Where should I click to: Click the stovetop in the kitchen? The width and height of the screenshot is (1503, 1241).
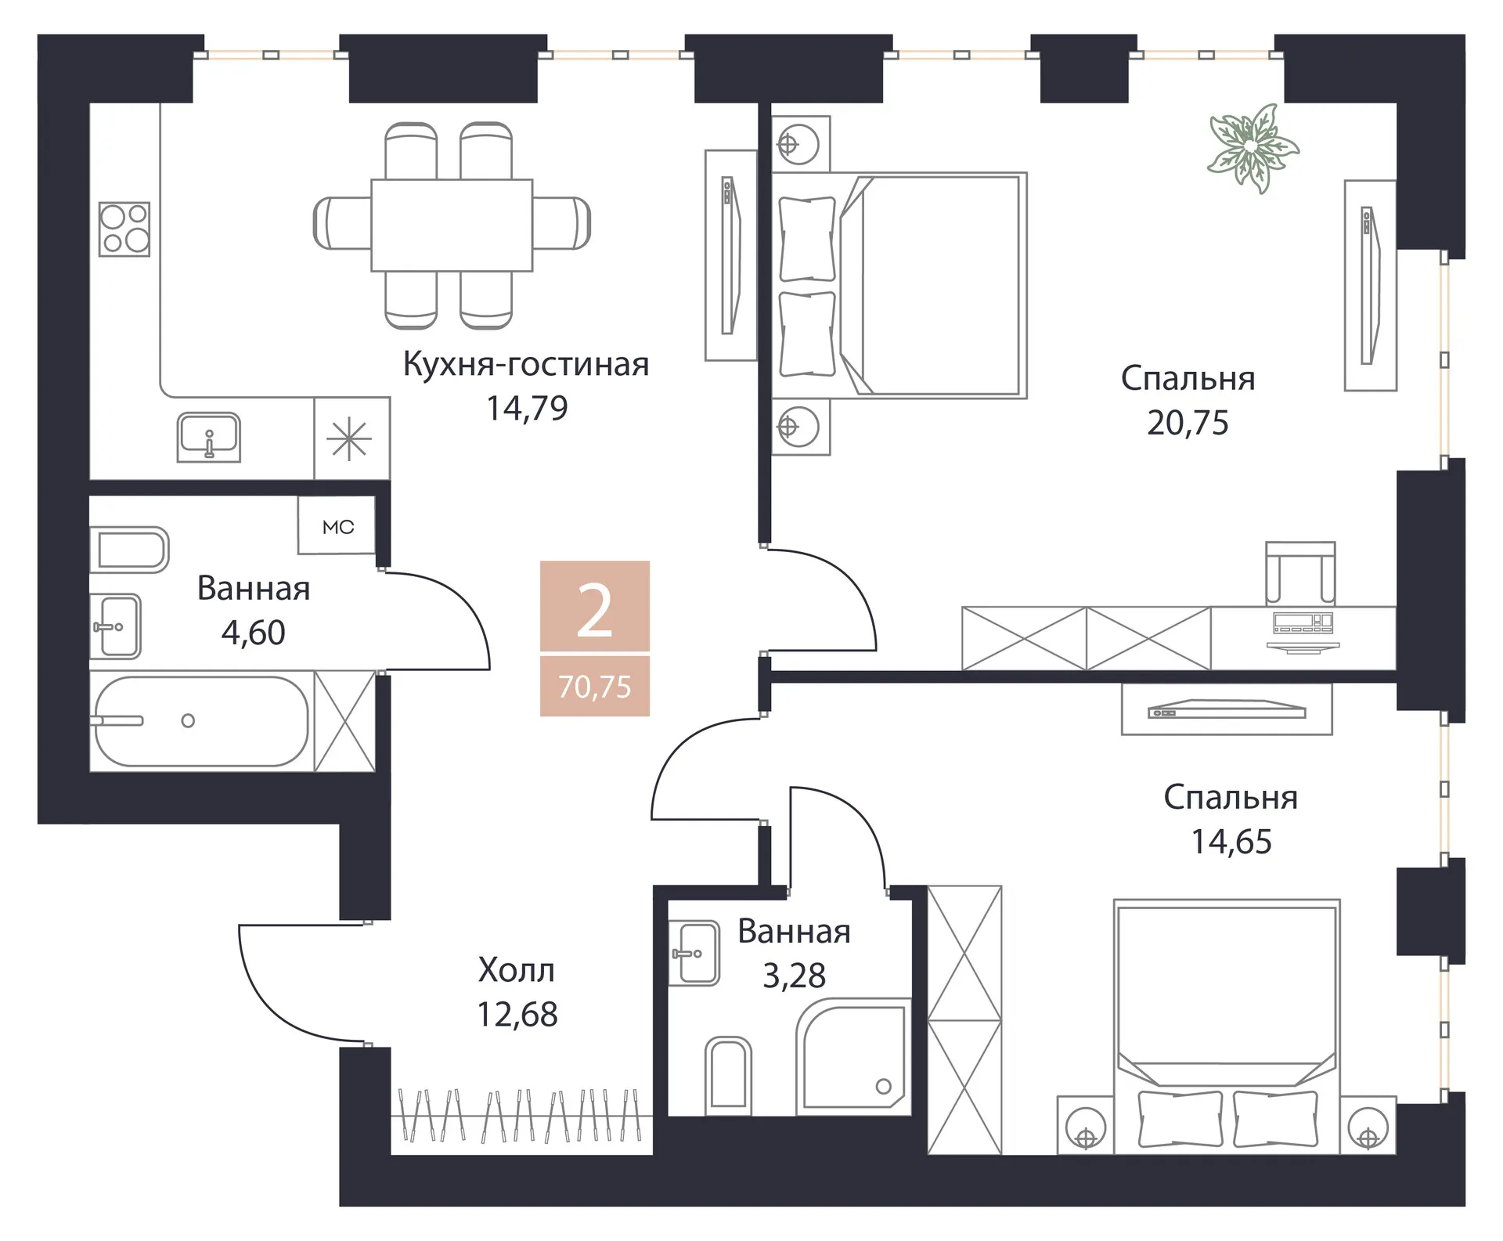(x=124, y=229)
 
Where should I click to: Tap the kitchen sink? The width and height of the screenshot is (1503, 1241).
(x=208, y=437)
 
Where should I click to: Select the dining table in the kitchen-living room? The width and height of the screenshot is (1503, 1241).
(x=452, y=225)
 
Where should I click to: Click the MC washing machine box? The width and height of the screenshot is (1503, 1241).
(x=337, y=525)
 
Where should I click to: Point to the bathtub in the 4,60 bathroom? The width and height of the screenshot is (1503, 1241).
(x=200, y=720)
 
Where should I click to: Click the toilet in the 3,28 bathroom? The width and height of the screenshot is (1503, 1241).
(x=728, y=1075)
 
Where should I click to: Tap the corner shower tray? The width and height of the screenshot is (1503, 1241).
(x=853, y=1057)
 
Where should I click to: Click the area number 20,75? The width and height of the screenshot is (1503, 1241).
(x=1188, y=423)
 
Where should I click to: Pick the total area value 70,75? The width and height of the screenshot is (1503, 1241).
(x=595, y=687)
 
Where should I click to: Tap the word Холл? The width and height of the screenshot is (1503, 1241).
(x=517, y=971)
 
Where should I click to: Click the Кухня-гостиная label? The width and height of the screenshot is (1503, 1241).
(x=526, y=364)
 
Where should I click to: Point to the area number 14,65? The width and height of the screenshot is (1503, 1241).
(x=1231, y=842)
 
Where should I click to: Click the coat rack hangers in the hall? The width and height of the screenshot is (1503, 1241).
(x=521, y=1114)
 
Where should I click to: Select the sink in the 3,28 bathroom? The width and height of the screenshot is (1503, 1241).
(x=695, y=953)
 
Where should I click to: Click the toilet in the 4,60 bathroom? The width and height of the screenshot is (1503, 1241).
(x=129, y=550)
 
